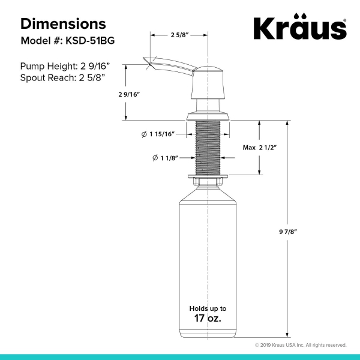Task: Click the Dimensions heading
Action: pos(63,23)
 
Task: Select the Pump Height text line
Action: pos(65,67)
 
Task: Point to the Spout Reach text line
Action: pos(62,78)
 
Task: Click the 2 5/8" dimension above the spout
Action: pos(179,35)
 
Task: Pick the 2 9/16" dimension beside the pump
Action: pos(129,94)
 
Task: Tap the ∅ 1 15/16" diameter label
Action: pos(158,134)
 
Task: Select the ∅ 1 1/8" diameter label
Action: pos(166,158)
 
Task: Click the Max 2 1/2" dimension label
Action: pos(260,148)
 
